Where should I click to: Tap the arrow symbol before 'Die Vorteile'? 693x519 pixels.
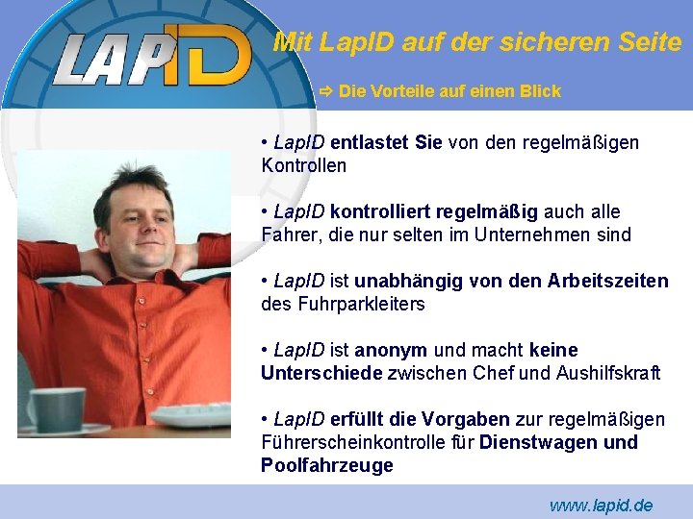326,91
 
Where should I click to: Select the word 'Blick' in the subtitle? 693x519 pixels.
540,91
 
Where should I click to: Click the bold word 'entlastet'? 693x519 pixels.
370,142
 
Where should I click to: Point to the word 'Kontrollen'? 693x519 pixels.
303,165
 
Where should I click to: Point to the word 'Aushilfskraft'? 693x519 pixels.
608,373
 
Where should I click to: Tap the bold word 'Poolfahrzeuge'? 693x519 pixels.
327,465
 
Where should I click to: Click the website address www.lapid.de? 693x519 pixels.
601,505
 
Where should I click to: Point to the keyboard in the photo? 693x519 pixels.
192,415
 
